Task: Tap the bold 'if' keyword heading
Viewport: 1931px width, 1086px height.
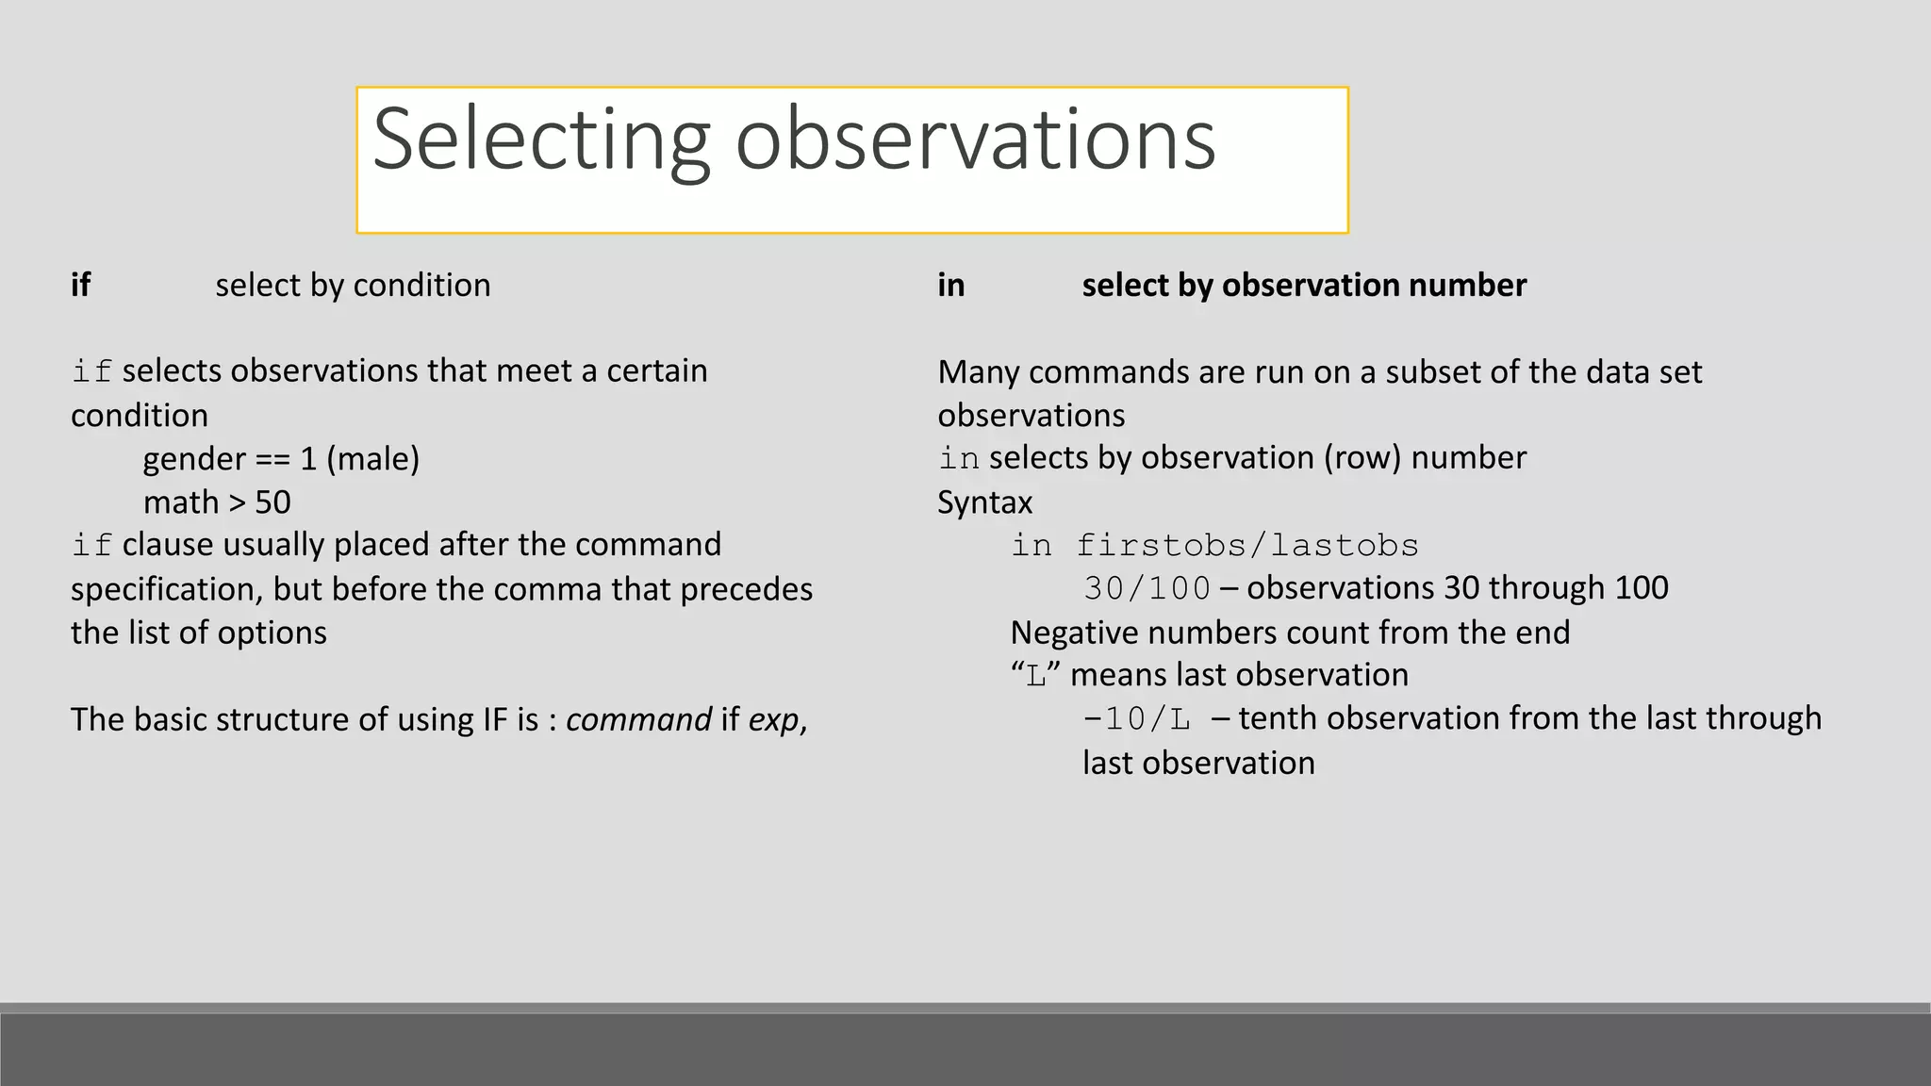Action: tap(80, 285)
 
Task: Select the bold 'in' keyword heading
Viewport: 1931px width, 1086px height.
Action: tap(950, 285)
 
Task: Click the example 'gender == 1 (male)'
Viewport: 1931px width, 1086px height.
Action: tap(281, 459)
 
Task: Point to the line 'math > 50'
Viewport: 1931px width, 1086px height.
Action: tap(217, 502)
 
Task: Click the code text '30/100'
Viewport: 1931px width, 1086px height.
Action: tap(1147, 588)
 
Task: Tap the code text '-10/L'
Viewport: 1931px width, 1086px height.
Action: tap(1136, 719)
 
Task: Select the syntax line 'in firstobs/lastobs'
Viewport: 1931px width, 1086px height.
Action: tap(1214, 545)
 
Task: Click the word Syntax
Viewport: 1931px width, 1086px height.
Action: tap(984, 502)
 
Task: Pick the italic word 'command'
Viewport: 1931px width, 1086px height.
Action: tap(638, 719)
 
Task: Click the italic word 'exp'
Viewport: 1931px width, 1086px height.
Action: tap(773, 719)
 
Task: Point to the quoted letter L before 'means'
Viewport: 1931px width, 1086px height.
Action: tap(1036, 676)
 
